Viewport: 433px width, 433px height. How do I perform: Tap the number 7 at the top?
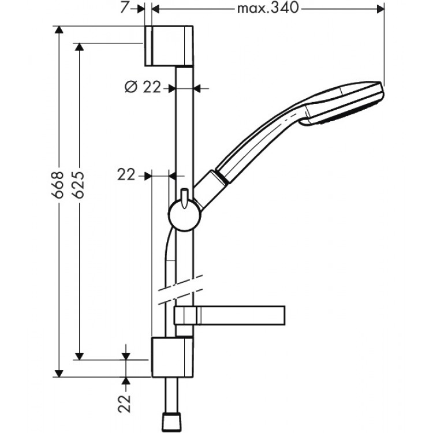[125, 8]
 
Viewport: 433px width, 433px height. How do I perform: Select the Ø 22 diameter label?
[143, 87]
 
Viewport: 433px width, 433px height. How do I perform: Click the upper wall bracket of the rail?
[169, 46]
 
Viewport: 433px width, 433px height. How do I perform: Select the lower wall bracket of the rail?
[171, 357]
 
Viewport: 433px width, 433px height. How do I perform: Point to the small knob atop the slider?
[184, 195]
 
